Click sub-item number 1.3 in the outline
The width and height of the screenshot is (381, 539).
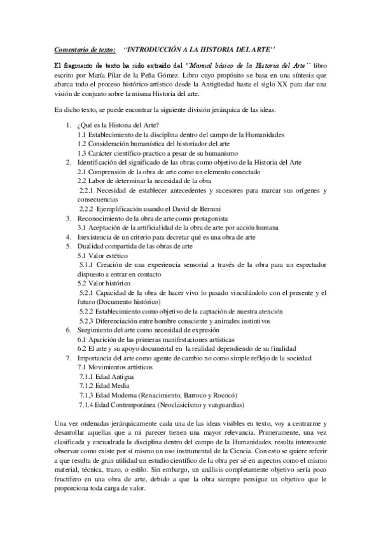click(x=82, y=153)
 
